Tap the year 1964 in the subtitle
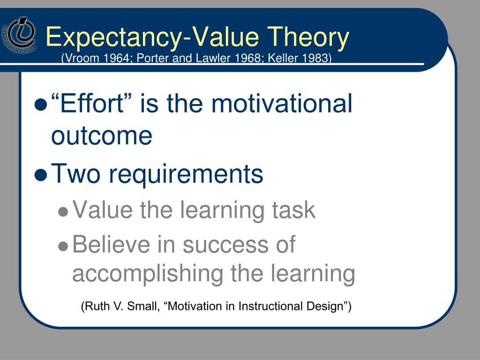(116, 58)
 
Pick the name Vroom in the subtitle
(80, 58)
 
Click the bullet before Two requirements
(41, 175)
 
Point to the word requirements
(186, 174)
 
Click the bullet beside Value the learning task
(63, 212)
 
